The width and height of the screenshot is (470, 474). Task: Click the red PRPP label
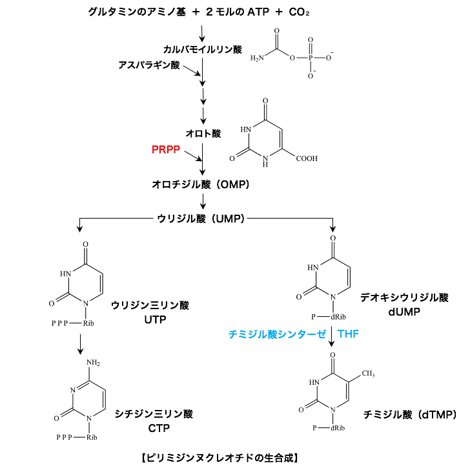point(165,149)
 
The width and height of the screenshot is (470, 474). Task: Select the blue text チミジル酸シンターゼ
point(276,334)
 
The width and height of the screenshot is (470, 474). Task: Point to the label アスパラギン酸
point(148,65)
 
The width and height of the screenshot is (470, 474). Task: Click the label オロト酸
point(203,133)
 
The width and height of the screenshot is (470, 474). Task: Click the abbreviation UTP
point(151,317)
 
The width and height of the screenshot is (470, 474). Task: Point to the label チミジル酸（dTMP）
point(409,414)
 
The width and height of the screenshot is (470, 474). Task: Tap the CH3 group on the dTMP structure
point(369,373)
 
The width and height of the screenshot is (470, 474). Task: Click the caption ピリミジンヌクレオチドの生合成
point(218,457)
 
